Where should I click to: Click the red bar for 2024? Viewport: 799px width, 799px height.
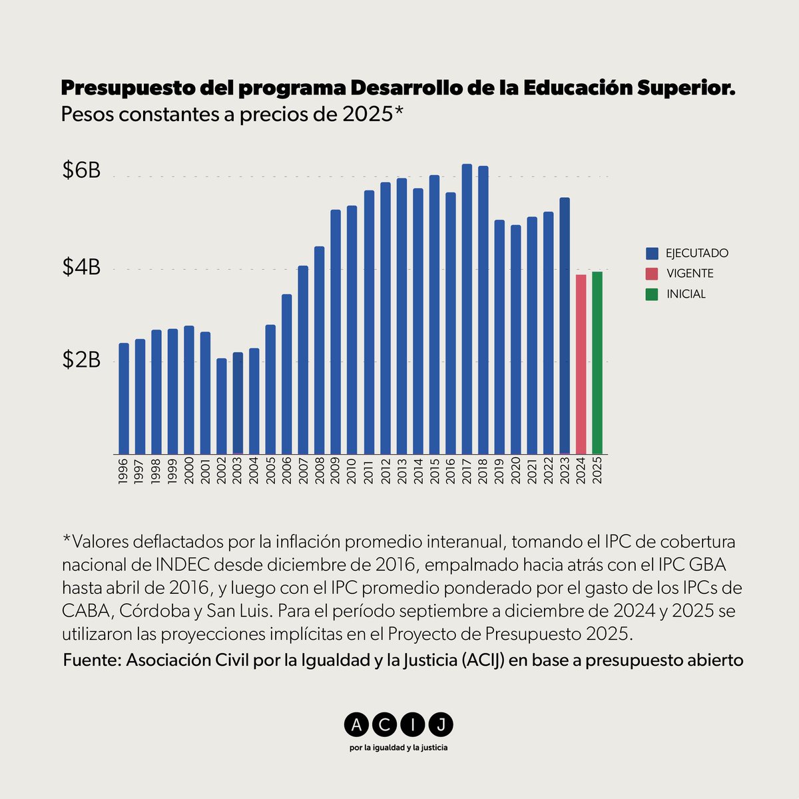click(581, 364)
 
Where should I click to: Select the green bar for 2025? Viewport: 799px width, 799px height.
click(597, 362)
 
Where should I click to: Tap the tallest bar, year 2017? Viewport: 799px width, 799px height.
click(467, 309)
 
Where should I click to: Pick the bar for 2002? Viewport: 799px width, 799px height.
click(222, 406)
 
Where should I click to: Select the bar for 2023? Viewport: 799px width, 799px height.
click(565, 326)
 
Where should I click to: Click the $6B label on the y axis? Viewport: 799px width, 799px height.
click(81, 171)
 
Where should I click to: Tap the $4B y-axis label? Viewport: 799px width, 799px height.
click(81, 268)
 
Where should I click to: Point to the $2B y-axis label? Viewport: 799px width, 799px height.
click(81, 360)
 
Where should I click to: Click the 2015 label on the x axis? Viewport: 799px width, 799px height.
click(434, 471)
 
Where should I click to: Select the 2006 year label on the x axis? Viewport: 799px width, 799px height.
click(287, 471)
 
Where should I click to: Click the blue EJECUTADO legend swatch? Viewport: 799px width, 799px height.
click(652, 254)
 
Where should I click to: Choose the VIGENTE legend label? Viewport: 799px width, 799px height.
click(690, 274)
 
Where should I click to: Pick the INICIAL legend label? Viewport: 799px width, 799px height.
click(686, 294)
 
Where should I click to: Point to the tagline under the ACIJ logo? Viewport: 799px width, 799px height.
click(398, 748)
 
